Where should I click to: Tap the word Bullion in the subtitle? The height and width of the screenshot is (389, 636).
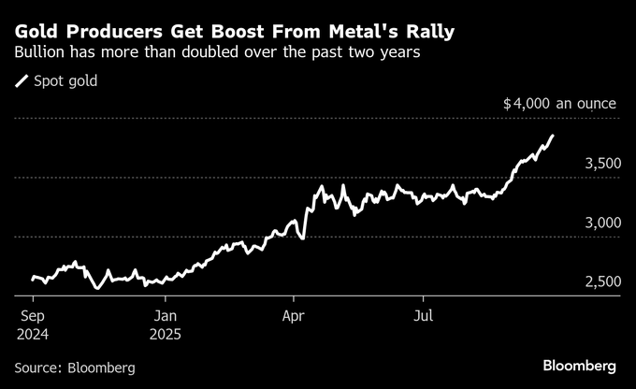coord(42,54)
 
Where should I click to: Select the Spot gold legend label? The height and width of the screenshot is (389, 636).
coord(65,81)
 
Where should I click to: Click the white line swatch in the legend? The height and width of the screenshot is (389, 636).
coord(22,81)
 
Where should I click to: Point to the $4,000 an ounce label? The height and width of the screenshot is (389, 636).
coord(559,104)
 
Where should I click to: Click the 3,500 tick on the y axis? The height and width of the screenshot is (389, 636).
coord(602,164)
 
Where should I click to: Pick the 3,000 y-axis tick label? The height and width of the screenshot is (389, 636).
coord(602,223)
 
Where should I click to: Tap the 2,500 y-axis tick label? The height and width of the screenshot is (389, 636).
coord(602,282)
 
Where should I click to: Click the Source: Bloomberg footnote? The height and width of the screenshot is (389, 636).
coord(75,367)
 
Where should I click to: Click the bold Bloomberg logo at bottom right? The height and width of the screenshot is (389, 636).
coord(579,364)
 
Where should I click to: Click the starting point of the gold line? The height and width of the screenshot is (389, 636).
coord(32,278)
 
